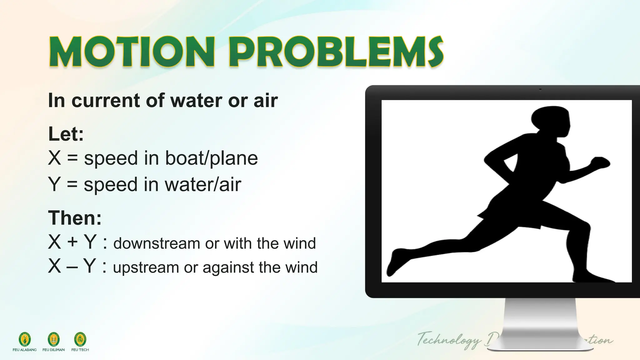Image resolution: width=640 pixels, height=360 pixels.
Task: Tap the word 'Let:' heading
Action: [x=66, y=134]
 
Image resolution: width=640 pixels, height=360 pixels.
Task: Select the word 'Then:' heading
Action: [x=75, y=217]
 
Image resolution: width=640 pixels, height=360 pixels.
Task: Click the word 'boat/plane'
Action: [x=211, y=158]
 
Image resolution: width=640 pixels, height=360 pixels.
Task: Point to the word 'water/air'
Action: [x=203, y=184]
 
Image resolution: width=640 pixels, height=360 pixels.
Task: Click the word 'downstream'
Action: [x=156, y=243]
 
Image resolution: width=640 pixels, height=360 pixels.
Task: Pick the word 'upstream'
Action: [x=146, y=267]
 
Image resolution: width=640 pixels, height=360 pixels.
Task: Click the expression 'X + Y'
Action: [x=72, y=242]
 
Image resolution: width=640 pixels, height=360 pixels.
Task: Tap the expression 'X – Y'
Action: [x=72, y=266]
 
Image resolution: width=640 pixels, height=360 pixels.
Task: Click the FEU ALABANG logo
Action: [x=25, y=339]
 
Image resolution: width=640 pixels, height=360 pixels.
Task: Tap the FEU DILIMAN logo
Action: [x=53, y=339]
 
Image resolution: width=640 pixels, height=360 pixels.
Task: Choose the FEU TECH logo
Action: [x=80, y=339]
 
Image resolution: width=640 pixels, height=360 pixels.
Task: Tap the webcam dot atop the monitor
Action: [x=540, y=90]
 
